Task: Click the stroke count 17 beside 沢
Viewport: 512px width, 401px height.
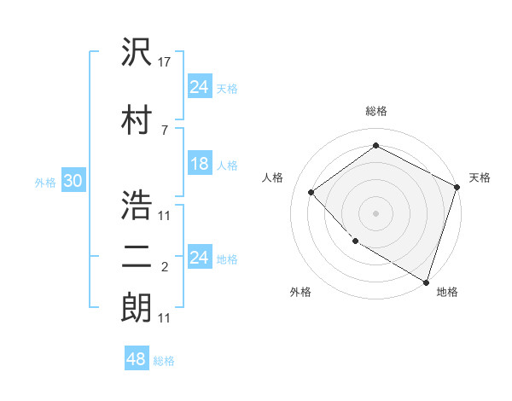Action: click(x=165, y=61)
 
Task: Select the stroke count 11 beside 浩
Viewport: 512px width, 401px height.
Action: click(x=165, y=215)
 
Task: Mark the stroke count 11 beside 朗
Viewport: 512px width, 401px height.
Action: click(x=165, y=318)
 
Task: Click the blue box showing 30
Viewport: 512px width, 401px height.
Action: click(x=73, y=181)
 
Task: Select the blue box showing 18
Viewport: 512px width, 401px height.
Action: click(x=200, y=164)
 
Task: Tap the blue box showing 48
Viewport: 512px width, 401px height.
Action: click(x=137, y=359)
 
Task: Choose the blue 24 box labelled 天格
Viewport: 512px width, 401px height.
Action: click(x=200, y=87)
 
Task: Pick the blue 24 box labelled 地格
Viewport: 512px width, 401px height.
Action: click(x=200, y=258)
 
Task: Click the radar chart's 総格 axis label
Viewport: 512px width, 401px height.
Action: click(x=376, y=111)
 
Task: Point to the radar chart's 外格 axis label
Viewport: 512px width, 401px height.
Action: click(x=300, y=292)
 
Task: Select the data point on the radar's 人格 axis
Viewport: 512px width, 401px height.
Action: click(x=311, y=192)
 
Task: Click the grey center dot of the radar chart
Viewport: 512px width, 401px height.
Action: click(x=375, y=212)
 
